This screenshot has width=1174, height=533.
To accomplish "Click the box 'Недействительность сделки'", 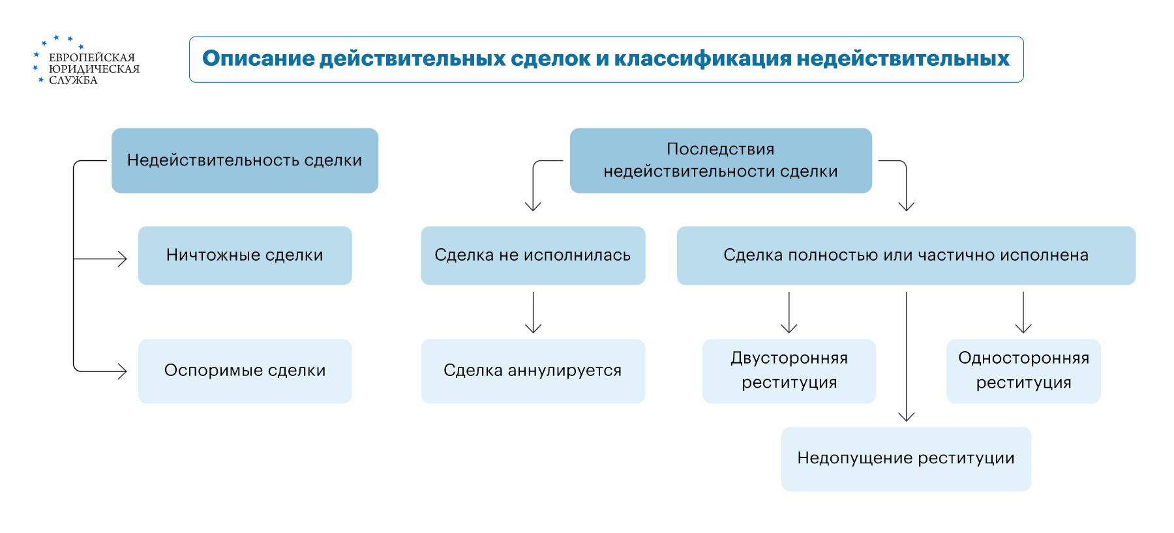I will click(245, 160).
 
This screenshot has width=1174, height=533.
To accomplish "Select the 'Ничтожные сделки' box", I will click(245, 255).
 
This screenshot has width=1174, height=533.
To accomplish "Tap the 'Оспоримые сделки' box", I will click(245, 371).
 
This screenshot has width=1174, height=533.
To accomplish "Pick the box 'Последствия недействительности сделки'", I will click(721, 160).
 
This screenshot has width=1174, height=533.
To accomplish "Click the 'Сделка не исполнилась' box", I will click(533, 255).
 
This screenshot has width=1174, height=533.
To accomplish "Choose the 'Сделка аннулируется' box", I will click(533, 371).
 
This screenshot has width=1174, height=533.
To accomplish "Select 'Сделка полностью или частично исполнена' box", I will click(906, 255).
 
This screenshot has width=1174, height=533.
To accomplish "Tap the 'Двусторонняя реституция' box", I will click(789, 371).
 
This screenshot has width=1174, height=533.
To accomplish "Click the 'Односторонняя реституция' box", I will click(1023, 371).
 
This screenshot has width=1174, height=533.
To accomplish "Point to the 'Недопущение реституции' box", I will click(906, 459).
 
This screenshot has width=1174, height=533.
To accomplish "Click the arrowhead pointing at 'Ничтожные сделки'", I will click(123, 259).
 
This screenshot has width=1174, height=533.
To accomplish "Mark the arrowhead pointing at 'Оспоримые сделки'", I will click(123, 371).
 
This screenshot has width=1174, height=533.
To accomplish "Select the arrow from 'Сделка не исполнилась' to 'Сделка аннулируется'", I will click(534, 313).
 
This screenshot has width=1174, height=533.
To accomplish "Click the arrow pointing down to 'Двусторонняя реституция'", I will click(789, 313).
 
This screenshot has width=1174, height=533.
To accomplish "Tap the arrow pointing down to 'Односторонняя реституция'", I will click(1023, 313).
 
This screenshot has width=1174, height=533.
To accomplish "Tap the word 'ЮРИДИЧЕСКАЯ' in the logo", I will click(95, 69).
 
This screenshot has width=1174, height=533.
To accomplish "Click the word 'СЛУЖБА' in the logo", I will click(74, 80).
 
